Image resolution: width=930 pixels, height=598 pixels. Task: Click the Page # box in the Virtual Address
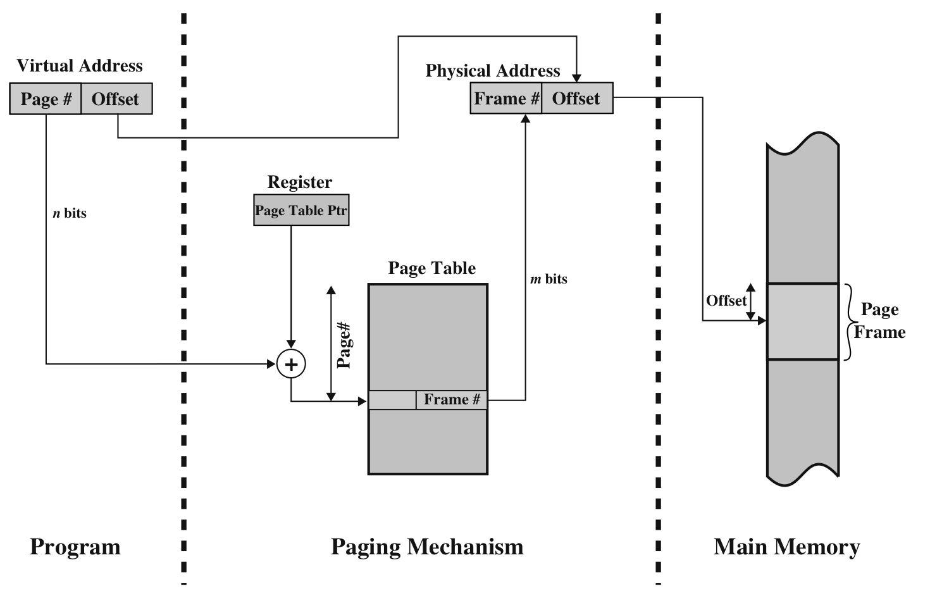[x=46, y=99]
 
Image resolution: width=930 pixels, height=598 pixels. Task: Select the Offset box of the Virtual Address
[x=116, y=99]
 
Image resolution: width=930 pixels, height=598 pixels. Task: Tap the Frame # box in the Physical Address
[x=506, y=98]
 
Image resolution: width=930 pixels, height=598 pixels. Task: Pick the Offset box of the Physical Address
[x=577, y=98]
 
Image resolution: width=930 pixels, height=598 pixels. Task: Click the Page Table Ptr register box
[x=301, y=211]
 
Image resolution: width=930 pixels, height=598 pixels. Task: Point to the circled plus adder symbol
[x=291, y=364]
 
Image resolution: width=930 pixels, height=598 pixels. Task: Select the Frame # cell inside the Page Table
[x=452, y=400]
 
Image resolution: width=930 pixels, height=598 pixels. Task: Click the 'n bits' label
[x=70, y=213]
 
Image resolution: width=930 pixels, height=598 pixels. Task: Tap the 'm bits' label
[x=549, y=279]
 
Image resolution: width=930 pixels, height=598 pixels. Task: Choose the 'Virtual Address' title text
[x=80, y=66]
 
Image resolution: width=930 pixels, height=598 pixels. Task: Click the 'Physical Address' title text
[x=493, y=71]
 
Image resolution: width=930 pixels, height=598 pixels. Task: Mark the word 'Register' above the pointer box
[x=300, y=182]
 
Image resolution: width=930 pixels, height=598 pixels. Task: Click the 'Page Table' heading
[x=432, y=268]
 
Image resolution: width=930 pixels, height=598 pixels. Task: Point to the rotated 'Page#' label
[x=344, y=346]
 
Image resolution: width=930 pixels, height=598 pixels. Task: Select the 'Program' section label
[x=75, y=547]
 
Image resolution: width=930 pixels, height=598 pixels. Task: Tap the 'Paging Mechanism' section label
[x=427, y=547]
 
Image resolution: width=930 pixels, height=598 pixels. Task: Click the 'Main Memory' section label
[x=787, y=547]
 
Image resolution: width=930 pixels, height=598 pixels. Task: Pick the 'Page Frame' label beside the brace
[x=880, y=321]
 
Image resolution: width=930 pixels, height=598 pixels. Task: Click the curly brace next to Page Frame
[x=849, y=321]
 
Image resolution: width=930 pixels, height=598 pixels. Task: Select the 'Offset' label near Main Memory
[x=726, y=301]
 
